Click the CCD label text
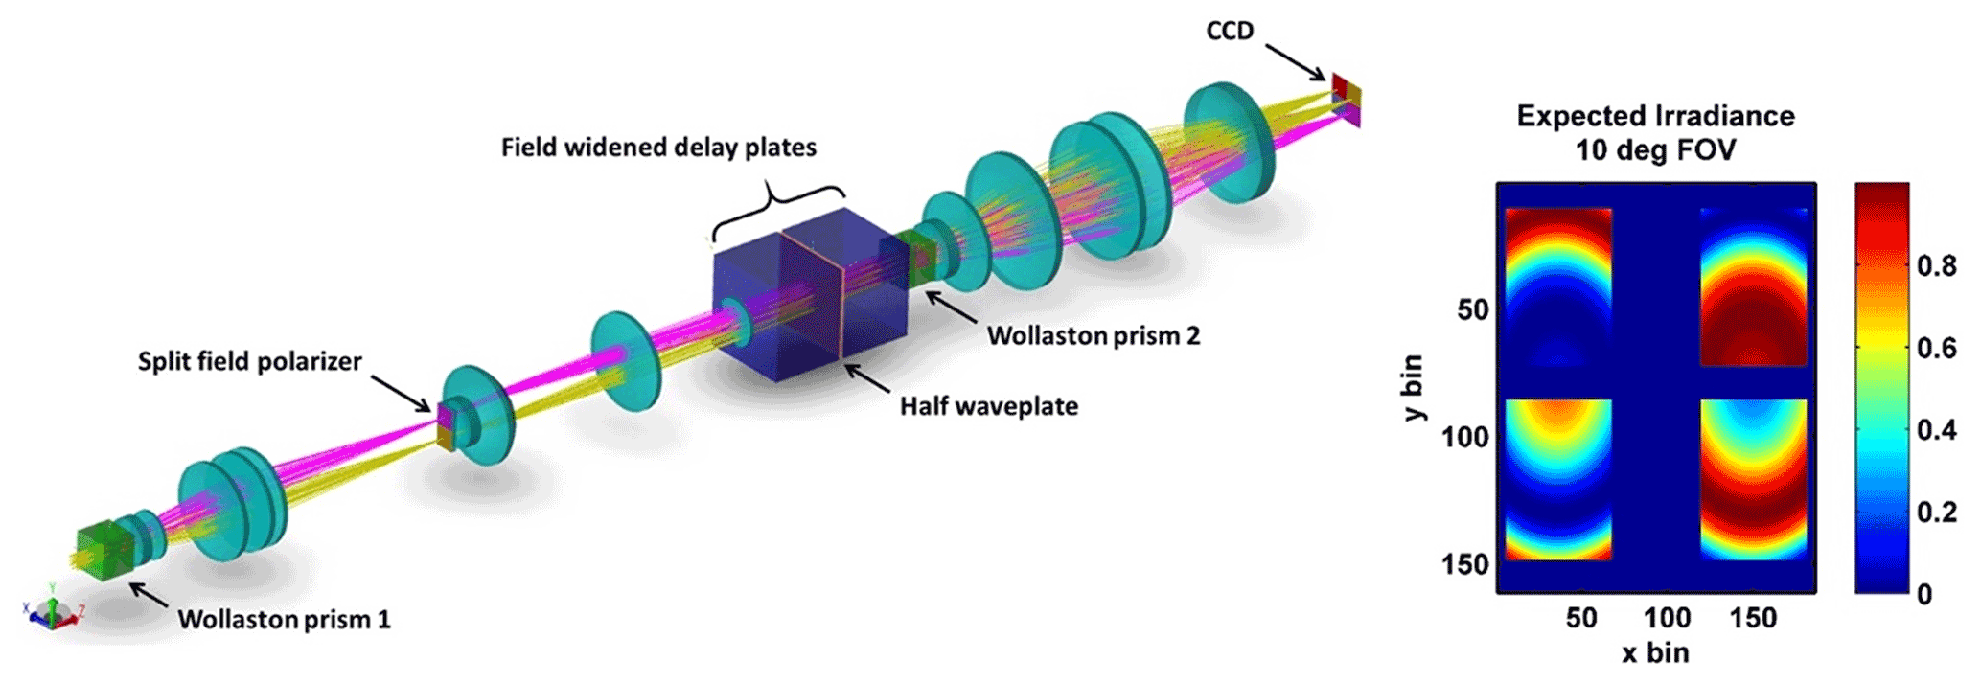pyautogui.click(x=1230, y=31)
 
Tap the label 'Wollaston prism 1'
pyautogui.click(x=285, y=619)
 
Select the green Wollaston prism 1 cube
pyautogui.click(x=103, y=551)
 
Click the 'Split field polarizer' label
pyautogui.click(x=249, y=361)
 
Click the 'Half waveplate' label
pyautogui.click(x=988, y=406)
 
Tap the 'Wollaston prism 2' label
pyautogui.click(x=1094, y=335)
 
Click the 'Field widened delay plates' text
pyautogui.click(x=658, y=148)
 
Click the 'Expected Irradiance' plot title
pyautogui.click(x=1655, y=116)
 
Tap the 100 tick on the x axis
pyautogui.click(x=1667, y=618)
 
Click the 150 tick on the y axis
pyautogui.click(x=1465, y=564)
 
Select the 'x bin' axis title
pyautogui.click(x=1655, y=652)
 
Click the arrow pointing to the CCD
pyautogui.click(x=1295, y=61)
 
